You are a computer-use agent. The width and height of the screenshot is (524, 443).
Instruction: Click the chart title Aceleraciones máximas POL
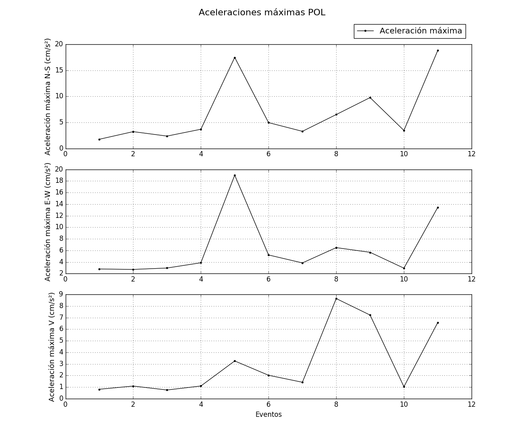[262, 12]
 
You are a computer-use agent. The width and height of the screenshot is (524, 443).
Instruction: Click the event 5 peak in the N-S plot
[235, 58]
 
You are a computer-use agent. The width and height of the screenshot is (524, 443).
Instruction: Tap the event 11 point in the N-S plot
[438, 50]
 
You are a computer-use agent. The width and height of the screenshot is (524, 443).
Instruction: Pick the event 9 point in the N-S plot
[370, 97]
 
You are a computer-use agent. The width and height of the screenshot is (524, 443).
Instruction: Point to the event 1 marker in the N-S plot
[99, 139]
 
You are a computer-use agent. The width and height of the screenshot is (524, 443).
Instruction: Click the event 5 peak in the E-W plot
[235, 175]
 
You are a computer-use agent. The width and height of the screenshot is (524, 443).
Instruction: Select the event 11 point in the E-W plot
[438, 207]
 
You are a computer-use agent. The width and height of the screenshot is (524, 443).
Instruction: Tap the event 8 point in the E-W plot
[336, 248]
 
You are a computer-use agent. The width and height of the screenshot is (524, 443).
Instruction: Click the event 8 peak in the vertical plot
[336, 298]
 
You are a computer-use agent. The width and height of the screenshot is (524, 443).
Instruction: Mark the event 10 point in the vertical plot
[404, 387]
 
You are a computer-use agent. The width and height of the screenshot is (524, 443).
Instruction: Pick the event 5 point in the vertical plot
[235, 361]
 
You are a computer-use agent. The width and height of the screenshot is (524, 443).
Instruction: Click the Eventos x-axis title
[268, 414]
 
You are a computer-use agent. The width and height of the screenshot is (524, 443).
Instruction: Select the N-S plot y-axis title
[48, 97]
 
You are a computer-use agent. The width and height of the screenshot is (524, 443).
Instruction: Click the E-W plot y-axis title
[48, 221]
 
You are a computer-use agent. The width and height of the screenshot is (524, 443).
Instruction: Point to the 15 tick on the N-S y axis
[59, 70]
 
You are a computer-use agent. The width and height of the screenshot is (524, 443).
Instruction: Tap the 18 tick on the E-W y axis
[59, 181]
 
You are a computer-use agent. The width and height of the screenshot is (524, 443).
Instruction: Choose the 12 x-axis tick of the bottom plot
[472, 404]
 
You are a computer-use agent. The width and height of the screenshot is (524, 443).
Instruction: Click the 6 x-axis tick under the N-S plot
[268, 154]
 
